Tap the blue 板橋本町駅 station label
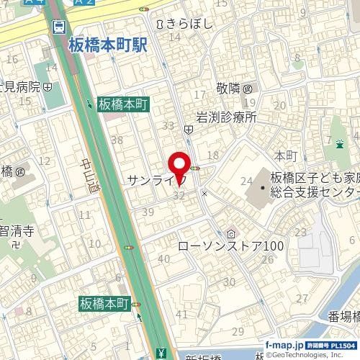107,45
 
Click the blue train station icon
58,27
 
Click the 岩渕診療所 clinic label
226,116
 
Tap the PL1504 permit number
343,346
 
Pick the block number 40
163,258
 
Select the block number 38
117,140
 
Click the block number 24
246,181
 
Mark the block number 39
149,211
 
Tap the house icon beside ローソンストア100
230,233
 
